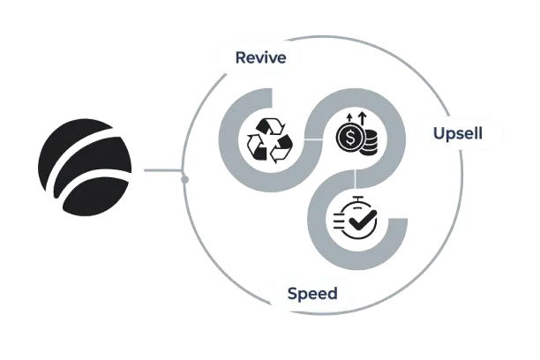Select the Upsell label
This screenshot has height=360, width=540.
tap(457, 134)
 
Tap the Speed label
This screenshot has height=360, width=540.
tap(312, 292)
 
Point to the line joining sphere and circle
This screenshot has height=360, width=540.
tap(161, 168)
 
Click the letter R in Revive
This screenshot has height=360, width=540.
tap(239, 59)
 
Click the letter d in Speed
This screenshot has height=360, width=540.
tap(332, 292)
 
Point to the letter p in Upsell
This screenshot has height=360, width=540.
tap(451, 136)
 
